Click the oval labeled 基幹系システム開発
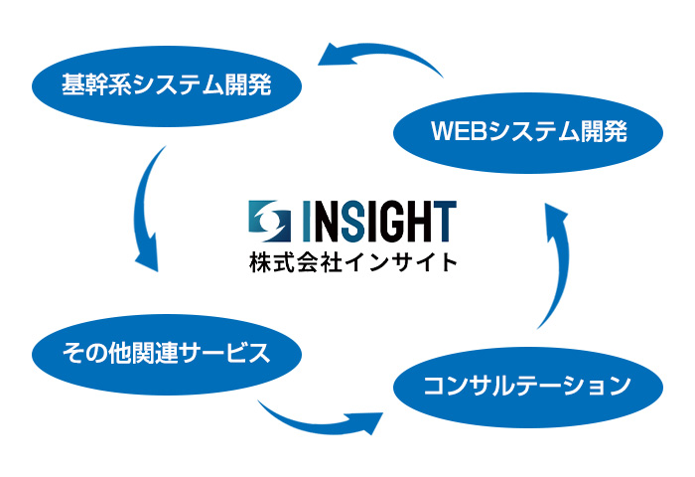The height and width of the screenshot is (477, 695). (x=167, y=86)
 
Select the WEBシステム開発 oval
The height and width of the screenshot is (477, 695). (x=528, y=133)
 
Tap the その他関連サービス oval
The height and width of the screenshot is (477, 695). (x=167, y=354)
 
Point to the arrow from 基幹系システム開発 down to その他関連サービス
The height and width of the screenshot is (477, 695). (x=141, y=209)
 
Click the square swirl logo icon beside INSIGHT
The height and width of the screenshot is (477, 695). (x=269, y=221)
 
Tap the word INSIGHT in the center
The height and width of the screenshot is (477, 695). (x=379, y=221)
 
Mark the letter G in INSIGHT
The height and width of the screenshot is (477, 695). (x=390, y=221)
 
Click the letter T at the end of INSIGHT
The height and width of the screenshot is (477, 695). (x=444, y=221)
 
